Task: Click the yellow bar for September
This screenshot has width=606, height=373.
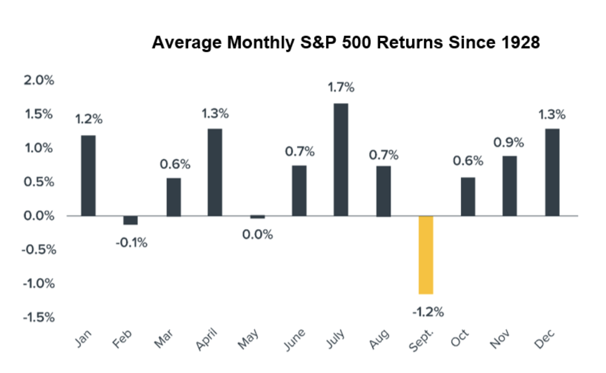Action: point(426,255)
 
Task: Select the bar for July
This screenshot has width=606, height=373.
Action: point(341,160)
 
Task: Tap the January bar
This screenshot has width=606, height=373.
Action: point(88,176)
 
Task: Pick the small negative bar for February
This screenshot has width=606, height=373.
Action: point(130,220)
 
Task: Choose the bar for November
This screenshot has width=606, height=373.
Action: point(510,186)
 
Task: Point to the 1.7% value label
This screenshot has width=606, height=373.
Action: point(341,88)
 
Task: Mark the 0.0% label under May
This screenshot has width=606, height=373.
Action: point(258,235)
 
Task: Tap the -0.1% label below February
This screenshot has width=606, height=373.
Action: point(131,242)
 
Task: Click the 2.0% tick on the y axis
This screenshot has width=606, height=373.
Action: point(39,80)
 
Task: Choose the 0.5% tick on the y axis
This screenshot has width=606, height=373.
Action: point(39,182)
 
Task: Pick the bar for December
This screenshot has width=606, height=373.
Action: point(552,172)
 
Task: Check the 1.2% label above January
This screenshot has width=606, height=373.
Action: point(88,120)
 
